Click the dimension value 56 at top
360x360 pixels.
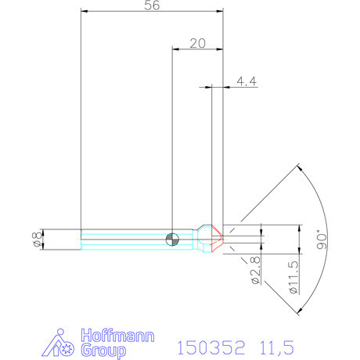point(153,6)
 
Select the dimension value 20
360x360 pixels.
point(196,44)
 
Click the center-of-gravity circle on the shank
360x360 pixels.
point(172,239)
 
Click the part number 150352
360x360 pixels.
point(212,346)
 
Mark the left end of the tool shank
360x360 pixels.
point(82,239)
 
